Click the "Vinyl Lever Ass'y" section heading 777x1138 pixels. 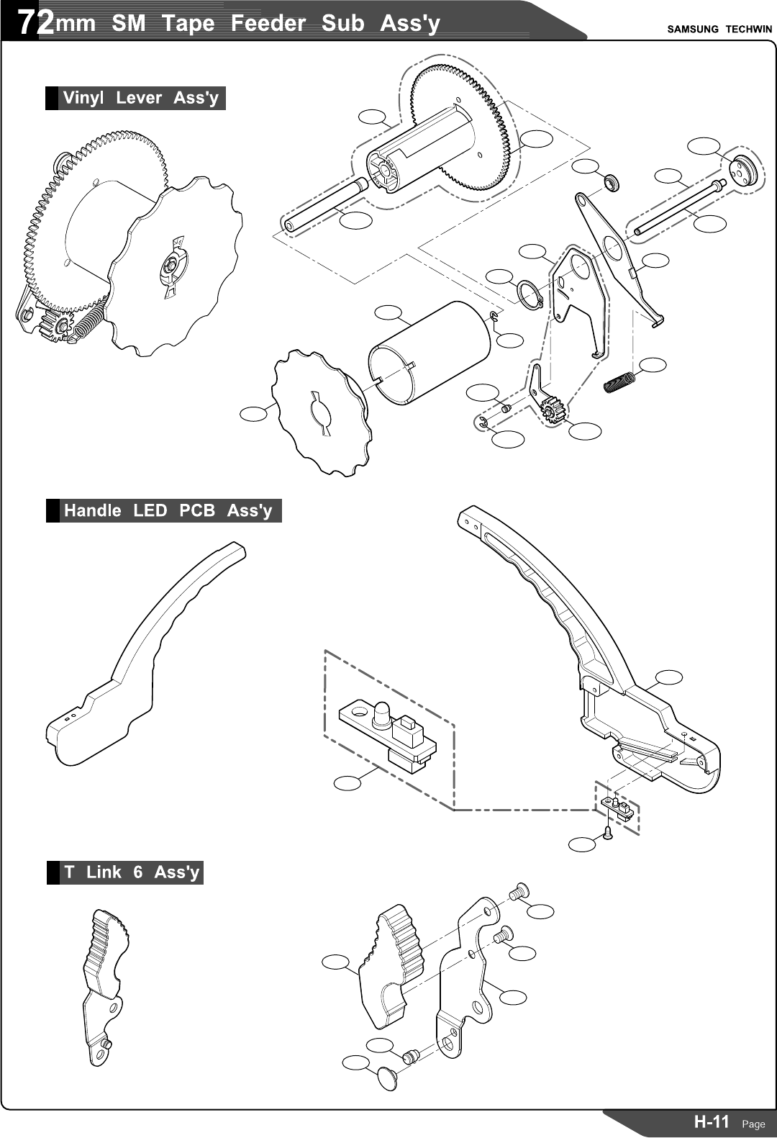(x=140, y=98)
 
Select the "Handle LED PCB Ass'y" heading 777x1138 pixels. (x=168, y=510)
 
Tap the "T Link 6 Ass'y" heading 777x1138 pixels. (x=131, y=872)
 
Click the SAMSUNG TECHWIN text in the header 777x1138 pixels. (x=719, y=30)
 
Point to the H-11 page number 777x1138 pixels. (x=712, y=1121)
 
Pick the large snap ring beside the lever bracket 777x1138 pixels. (x=529, y=294)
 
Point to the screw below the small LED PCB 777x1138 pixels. (x=608, y=833)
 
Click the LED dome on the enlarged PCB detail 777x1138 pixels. (x=381, y=713)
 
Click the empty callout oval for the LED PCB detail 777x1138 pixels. (x=348, y=782)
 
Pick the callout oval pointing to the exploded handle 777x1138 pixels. (x=669, y=677)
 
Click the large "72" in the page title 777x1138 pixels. (x=35, y=23)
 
